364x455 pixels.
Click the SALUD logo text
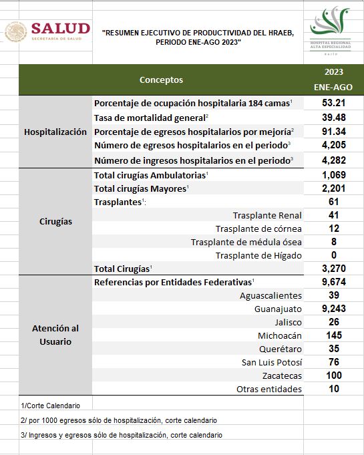tap(61, 29)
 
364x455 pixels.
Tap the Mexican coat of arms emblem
tap(15, 31)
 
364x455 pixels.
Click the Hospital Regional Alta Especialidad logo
tap(330, 31)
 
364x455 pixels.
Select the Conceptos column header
tap(161, 80)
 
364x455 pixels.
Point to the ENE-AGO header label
tap(333, 87)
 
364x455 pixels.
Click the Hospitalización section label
tap(55, 132)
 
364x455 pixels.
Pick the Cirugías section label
tap(55, 222)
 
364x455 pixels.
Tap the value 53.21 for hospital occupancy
tap(333, 103)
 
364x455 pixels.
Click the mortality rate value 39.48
tap(334, 118)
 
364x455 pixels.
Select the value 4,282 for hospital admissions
tap(334, 160)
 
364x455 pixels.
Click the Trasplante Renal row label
tap(267, 215)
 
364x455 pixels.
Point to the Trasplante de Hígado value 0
tap(334, 255)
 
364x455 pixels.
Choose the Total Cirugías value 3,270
tap(334, 269)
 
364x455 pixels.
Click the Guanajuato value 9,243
tap(334, 309)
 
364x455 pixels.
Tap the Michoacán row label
tap(280, 335)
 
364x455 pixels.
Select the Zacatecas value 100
tap(334, 375)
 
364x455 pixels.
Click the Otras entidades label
tap(269, 389)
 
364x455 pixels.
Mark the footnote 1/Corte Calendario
tap(51, 406)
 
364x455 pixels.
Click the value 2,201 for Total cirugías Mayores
tap(334, 188)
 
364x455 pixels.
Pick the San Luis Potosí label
tap(272, 362)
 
